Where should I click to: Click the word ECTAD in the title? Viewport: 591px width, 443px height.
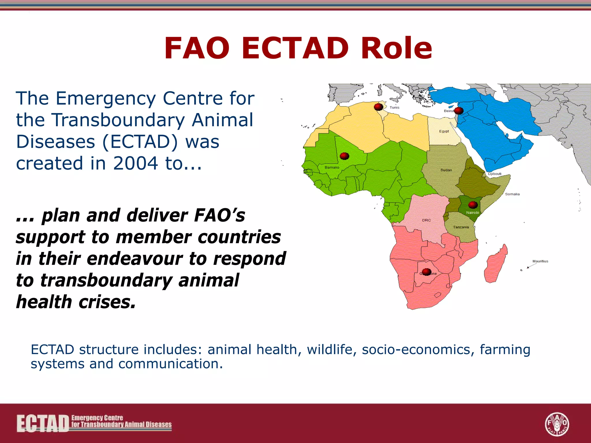295,48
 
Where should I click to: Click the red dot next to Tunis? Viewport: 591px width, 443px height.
378,107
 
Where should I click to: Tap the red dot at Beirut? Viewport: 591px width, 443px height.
459,110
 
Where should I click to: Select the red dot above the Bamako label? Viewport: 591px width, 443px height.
344,156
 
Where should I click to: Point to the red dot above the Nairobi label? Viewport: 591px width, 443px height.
473,205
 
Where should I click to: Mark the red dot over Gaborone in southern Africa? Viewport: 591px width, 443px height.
427,272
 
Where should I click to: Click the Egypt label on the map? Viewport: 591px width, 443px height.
444,131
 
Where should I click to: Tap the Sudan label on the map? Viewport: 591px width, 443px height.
446,170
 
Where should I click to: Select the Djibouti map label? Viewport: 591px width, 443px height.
495,174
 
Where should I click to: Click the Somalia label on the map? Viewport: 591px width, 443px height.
512,194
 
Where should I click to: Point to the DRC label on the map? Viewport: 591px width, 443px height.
426,220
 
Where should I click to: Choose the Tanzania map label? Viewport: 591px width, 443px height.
461,227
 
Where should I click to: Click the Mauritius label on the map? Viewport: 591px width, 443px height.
540,261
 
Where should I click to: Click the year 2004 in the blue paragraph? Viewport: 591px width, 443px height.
135,163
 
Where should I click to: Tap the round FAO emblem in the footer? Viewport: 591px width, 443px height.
557,424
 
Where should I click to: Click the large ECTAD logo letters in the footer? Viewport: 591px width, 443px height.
43,424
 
